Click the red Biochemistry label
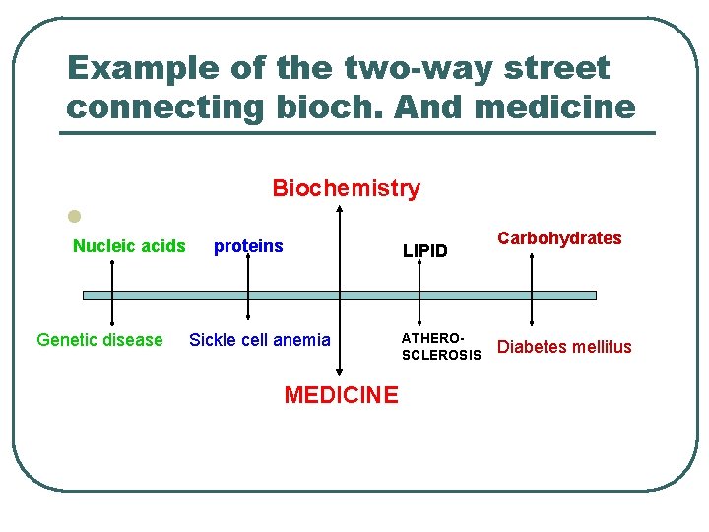[x=346, y=188]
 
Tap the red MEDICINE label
[x=341, y=395]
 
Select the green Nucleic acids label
[x=129, y=246]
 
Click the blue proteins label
[x=248, y=246]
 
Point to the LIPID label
[x=424, y=251]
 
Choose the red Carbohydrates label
[x=559, y=238]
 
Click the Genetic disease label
[x=99, y=340]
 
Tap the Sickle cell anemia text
[x=260, y=340]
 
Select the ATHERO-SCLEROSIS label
[x=440, y=346]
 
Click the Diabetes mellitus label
[x=564, y=346]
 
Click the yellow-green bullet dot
[x=72, y=216]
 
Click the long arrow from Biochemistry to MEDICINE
[x=340, y=325]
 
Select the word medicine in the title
[x=554, y=106]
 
